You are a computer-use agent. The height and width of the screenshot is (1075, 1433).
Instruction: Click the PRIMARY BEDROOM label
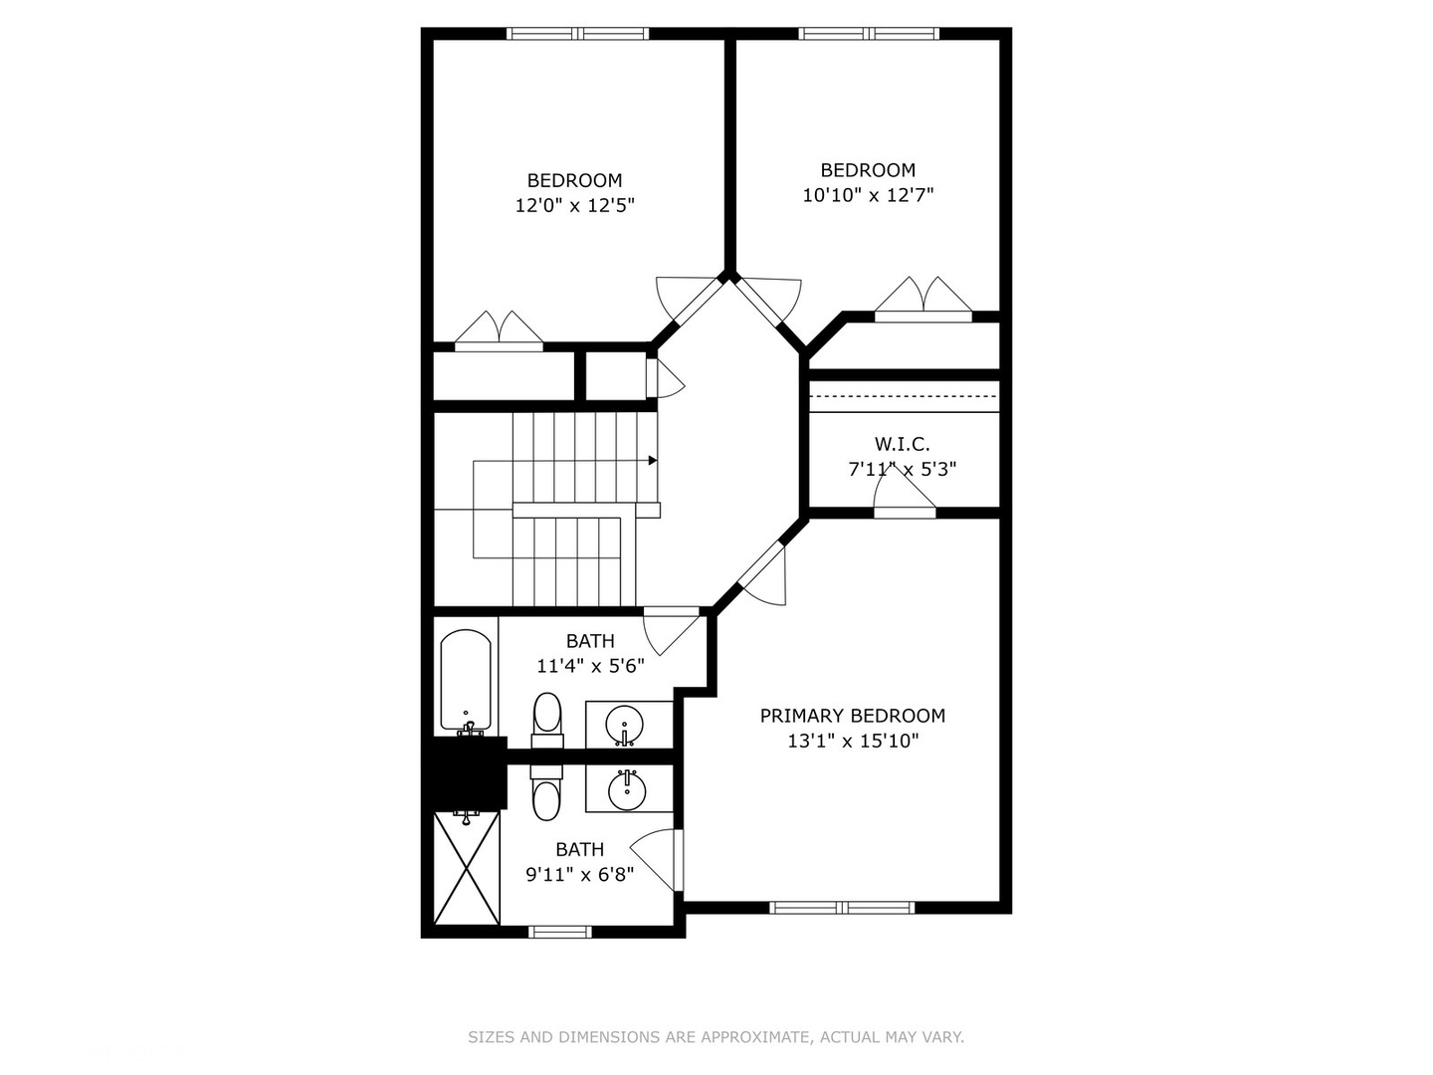852,716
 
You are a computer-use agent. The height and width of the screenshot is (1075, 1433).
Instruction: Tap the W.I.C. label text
902,444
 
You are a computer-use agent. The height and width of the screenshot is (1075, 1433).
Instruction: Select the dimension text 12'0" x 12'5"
574,206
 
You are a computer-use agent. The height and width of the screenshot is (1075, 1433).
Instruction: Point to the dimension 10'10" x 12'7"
868,196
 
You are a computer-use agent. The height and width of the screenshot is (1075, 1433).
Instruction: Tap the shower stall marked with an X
467,869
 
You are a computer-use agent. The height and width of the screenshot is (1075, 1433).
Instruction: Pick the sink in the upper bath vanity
625,724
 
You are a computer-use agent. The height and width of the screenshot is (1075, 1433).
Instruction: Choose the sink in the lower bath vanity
626,789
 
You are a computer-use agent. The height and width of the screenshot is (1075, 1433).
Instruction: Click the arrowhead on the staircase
653,460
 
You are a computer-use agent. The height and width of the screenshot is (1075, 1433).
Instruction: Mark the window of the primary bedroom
842,907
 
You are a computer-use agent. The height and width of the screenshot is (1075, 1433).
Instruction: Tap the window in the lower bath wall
559,932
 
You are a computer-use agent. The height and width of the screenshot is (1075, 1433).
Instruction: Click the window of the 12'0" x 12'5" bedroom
578,34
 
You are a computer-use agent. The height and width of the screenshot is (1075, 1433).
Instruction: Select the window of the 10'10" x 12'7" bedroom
869,34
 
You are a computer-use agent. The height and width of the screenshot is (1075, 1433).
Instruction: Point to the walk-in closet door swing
904,493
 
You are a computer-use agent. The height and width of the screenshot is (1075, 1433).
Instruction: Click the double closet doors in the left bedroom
500,330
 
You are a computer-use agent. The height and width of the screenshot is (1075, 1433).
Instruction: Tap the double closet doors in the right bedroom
923,298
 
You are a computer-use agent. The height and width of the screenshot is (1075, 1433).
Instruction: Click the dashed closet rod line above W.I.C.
904,396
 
